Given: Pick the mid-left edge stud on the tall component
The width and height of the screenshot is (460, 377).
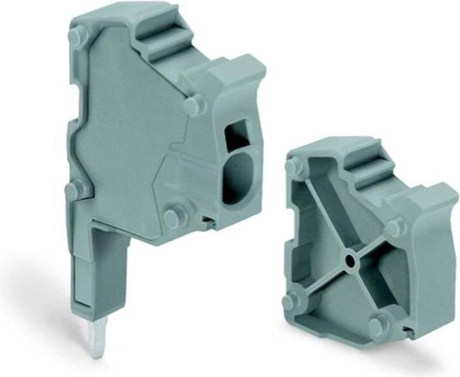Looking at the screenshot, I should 75,189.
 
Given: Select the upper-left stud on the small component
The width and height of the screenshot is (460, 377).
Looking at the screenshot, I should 295,167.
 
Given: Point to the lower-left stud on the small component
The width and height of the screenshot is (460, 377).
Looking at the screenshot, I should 293,300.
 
